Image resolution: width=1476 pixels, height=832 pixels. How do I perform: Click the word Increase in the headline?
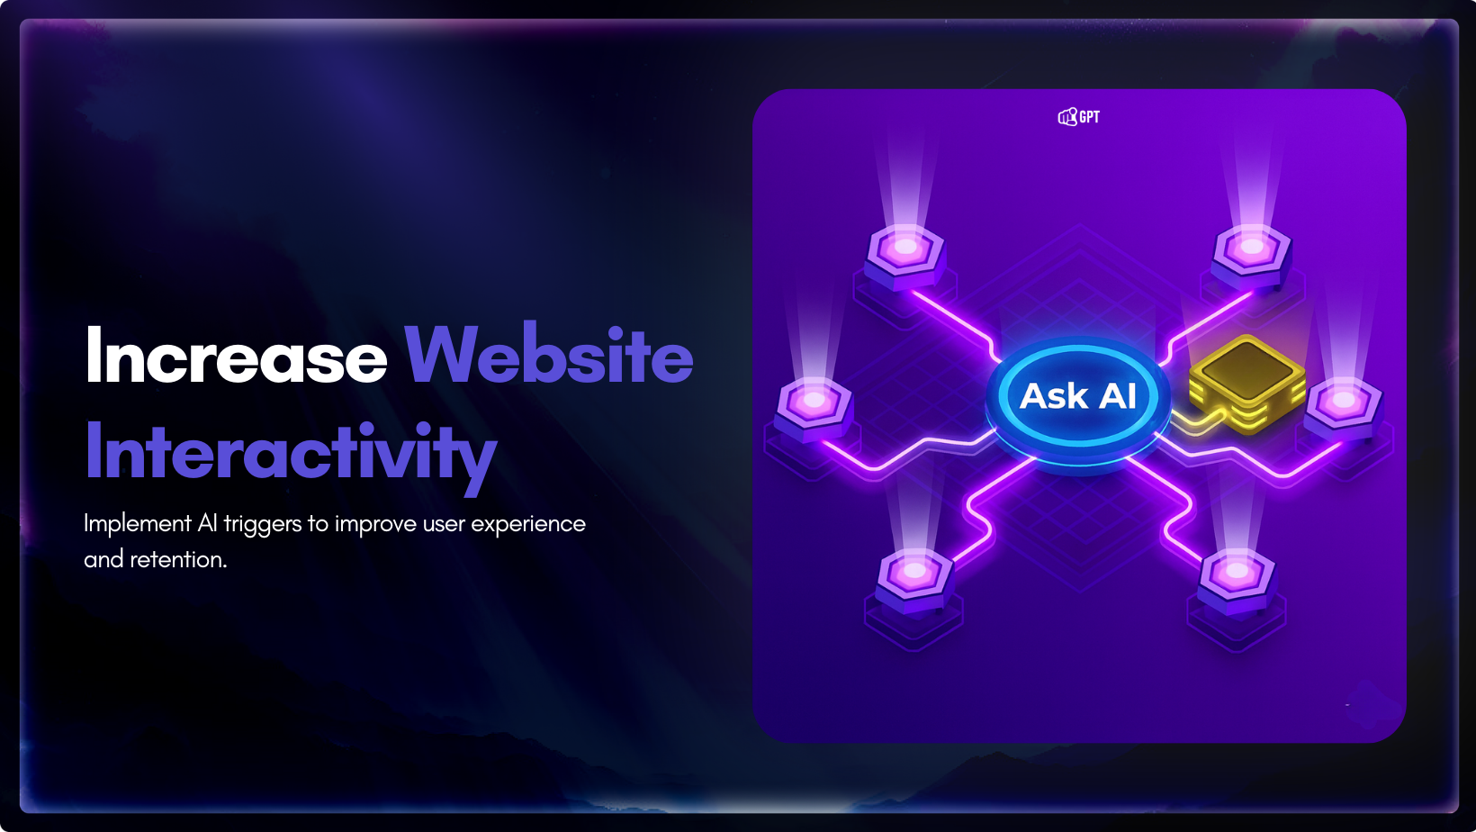236,355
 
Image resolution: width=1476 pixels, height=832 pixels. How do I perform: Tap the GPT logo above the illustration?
1079,117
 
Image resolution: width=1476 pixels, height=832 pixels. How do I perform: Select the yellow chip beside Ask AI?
1246,383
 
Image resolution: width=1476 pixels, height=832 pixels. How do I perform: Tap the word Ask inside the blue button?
1054,395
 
